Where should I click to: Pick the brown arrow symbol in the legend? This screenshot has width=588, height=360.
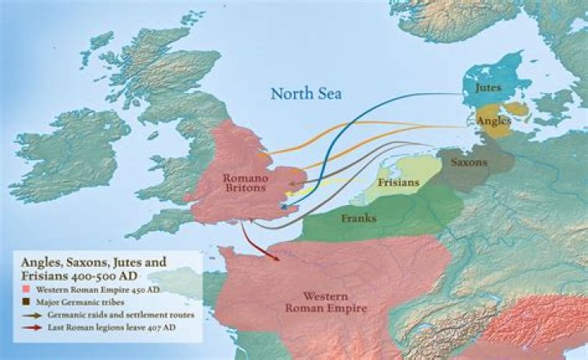(32, 315)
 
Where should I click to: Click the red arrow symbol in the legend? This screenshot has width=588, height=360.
(32, 328)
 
